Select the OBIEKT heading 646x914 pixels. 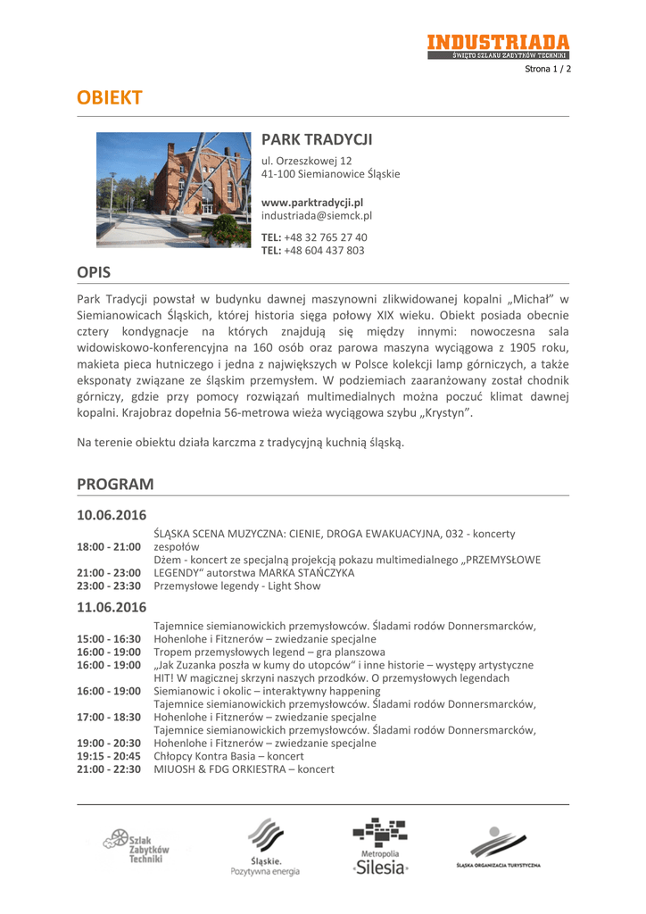coord(110,98)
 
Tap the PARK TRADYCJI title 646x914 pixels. coord(316,140)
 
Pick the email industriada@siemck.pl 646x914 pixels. coord(316,216)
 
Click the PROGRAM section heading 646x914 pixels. coord(115,484)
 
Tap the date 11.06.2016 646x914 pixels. coord(112,607)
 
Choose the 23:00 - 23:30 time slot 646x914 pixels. coord(109,586)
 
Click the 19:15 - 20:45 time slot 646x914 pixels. coord(109,756)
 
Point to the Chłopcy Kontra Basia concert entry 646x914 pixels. coord(228,756)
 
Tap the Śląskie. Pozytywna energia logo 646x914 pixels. coord(265,849)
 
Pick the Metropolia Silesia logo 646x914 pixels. coord(380,847)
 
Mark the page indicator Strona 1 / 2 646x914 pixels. coord(547,69)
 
